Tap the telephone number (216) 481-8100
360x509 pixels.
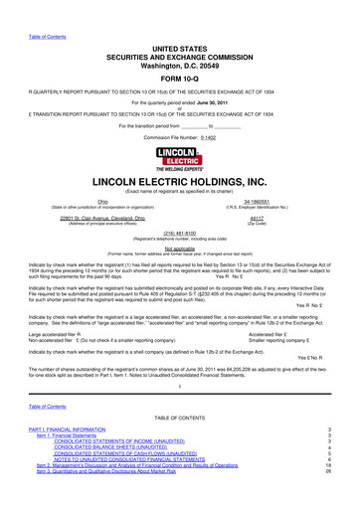(x=179, y=236)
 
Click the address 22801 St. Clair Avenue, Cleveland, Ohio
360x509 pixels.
(x=102, y=218)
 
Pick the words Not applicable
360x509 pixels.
(x=179, y=254)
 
